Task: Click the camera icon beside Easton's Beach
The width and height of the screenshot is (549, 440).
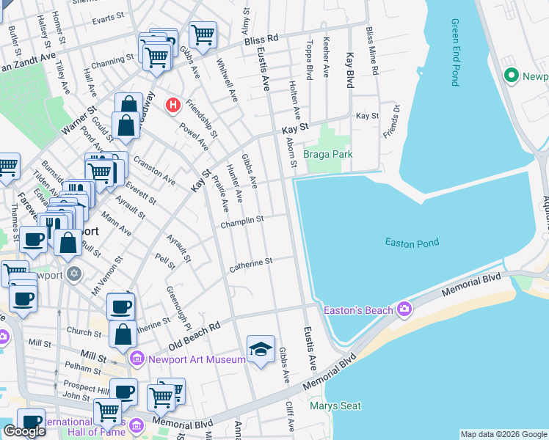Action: pos(403,309)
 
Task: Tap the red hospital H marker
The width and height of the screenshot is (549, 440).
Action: pos(173,106)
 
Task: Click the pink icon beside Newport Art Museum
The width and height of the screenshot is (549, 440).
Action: pos(136,359)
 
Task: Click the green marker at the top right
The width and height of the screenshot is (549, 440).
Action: pos(511,76)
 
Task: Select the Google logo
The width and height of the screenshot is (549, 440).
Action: pos(25,431)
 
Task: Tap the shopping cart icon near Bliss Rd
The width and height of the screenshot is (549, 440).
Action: pos(202,34)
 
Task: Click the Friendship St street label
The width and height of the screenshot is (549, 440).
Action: pos(201,117)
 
